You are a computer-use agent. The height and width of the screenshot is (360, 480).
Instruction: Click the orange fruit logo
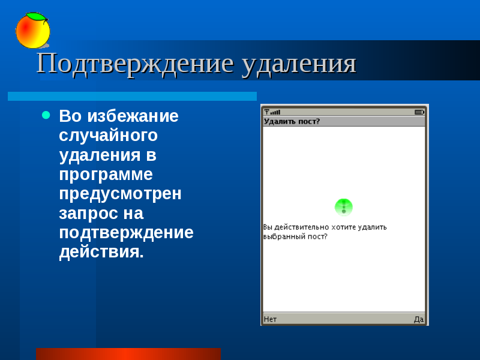[x=33, y=31]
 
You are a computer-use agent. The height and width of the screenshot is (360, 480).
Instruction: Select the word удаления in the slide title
[x=299, y=64]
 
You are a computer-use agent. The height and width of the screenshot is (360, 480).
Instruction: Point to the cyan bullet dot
[x=46, y=115]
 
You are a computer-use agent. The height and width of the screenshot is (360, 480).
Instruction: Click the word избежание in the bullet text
[x=133, y=116]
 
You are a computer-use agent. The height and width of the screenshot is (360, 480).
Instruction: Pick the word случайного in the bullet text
[x=108, y=136]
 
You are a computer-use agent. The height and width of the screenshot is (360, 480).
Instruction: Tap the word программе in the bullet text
[x=106, y=175]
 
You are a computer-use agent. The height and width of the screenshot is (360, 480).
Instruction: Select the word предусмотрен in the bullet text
[x=121, y=194]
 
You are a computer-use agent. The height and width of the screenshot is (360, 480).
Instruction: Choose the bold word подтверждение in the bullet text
[x=126, y=233]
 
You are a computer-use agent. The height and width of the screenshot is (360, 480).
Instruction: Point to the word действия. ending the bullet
[x=101, y=252]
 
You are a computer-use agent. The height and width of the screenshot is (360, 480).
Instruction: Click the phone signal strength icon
[x=272, y=112]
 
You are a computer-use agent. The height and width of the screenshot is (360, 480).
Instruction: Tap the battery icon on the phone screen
[x=419, y=112]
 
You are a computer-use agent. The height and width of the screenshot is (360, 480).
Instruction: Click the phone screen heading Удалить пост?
[x=292, y=122]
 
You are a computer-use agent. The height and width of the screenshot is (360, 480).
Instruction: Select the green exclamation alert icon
[x=343, y=207]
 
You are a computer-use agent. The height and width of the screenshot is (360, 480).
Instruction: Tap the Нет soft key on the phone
[x=270, y=319]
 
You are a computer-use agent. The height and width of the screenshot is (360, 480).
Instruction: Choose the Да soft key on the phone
[x=419, y=319]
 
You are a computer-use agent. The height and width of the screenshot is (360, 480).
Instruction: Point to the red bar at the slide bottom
[x=128, y=354]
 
